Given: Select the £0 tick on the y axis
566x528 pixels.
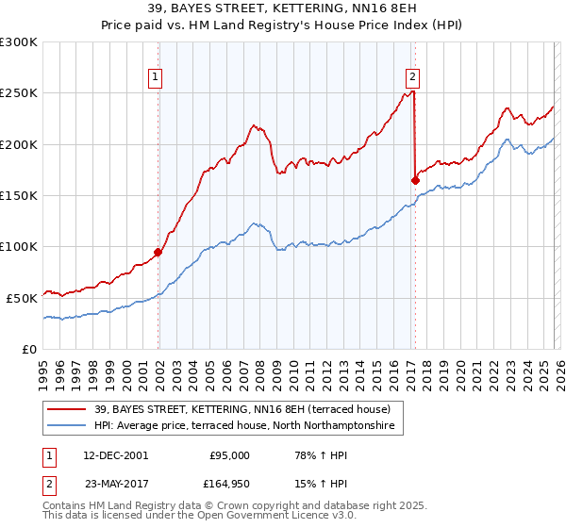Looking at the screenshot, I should (x=30, y=349).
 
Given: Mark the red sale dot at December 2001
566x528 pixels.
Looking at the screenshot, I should (x=158, y=252).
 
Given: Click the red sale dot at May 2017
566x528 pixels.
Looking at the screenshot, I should (x=415, y=180).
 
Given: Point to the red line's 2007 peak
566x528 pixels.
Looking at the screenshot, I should (x=253, y=124).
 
